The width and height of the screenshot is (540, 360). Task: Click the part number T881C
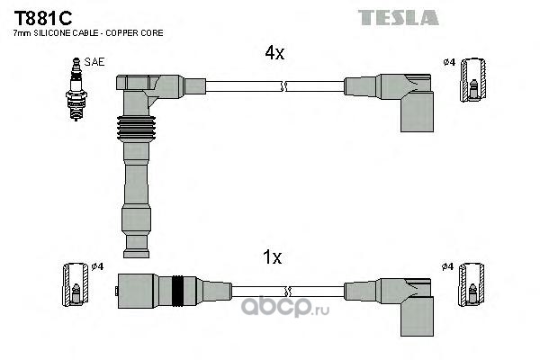tap(42, 18)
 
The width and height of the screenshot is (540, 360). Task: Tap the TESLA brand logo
tap(398, 17)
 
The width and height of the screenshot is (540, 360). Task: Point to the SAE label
tap(94, 62)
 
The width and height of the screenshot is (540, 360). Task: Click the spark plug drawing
tap(76, 89)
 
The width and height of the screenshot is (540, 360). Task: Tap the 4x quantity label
tap(274, 53)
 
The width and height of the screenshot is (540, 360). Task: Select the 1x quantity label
tap(272, 257)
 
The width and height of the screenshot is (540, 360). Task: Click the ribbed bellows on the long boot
tap(136, 129)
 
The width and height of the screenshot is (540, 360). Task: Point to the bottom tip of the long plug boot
tap(136, 257)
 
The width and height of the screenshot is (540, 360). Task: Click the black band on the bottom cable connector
tap(177, 292)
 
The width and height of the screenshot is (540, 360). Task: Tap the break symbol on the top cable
tap(283, 86)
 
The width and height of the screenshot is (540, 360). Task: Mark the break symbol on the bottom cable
tap(288, 292)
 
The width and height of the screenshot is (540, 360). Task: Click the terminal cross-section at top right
tap(473, 80)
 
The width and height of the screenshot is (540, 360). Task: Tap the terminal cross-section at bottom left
tap(76, 284)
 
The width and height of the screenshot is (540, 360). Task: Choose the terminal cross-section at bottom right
tap(471, 284)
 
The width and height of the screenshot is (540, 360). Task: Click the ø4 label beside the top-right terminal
tap(449, 62)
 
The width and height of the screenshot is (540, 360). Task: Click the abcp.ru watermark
tap(285, 307)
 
